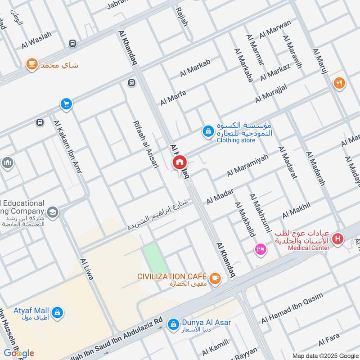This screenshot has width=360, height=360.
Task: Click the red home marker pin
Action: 180,162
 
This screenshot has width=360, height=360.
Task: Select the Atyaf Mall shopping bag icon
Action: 57,311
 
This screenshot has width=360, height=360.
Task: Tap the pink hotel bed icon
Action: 260,248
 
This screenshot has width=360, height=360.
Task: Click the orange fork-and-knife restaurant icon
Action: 339,83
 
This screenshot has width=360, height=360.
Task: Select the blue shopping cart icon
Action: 66,104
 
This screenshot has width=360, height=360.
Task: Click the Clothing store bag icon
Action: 208,131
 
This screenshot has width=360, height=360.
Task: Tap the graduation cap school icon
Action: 53,211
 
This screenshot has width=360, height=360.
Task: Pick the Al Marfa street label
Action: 173,98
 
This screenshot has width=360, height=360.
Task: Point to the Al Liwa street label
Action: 86,269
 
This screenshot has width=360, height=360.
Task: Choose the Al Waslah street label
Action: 37,40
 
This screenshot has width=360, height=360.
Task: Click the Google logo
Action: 19,353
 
